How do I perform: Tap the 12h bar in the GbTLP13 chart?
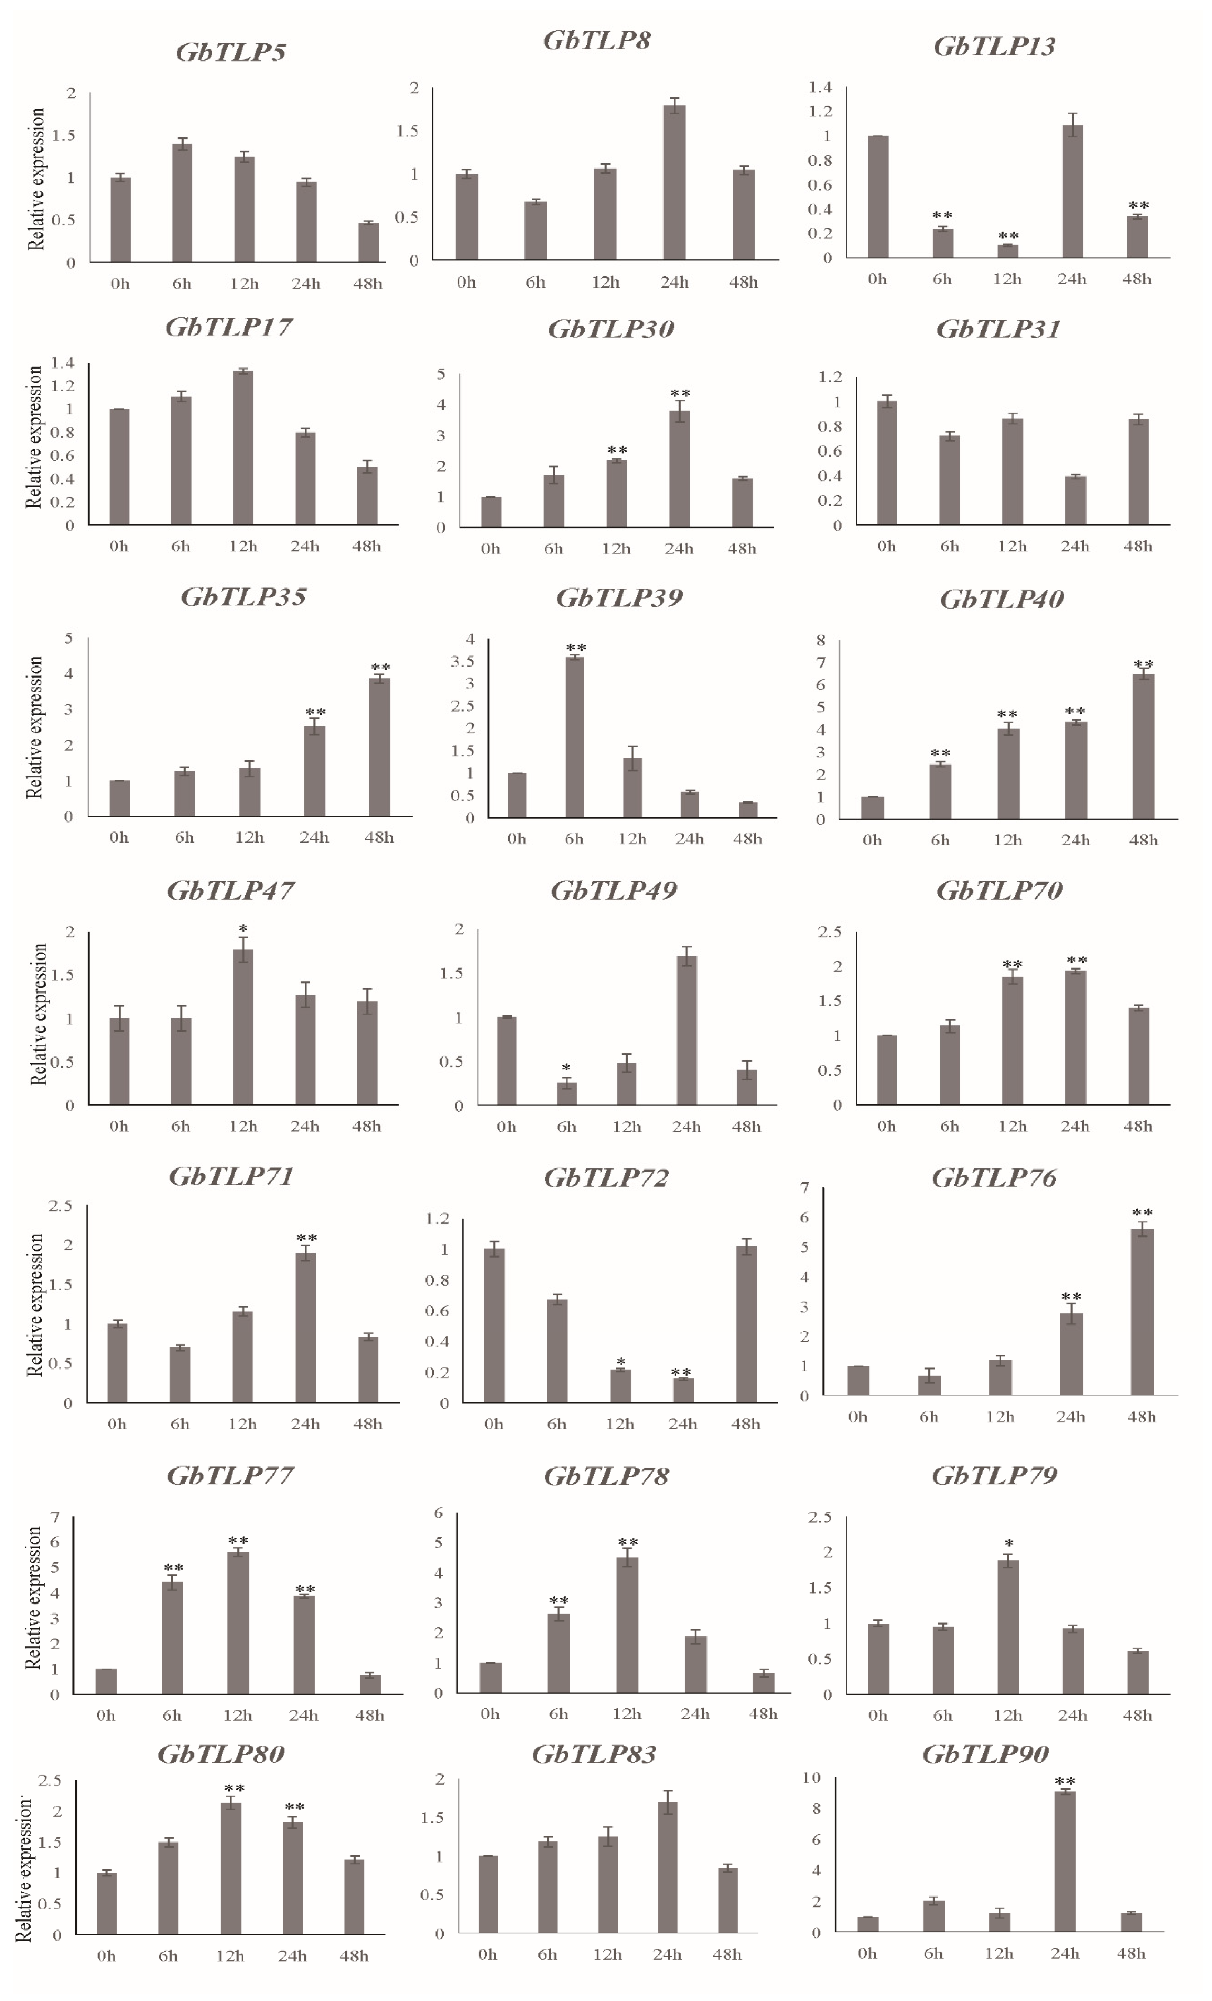(x=1007, y=251)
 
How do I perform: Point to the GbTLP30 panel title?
(x=610, y=330)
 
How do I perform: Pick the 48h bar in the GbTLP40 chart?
(x=1143, y=746)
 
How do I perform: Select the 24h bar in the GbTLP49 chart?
(x=687, y=1030)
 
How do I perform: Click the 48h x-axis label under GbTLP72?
(x=745, y=1424)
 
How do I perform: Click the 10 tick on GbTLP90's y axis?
(x=811, y=1778)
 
